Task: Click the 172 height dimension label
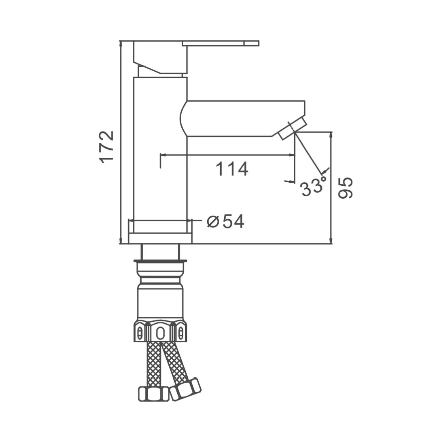tap(107, 147)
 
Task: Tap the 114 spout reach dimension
tap(232, 169)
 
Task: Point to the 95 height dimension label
tap(345, 188)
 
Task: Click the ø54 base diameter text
tap(226, 222)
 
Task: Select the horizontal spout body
tap(242, 119)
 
